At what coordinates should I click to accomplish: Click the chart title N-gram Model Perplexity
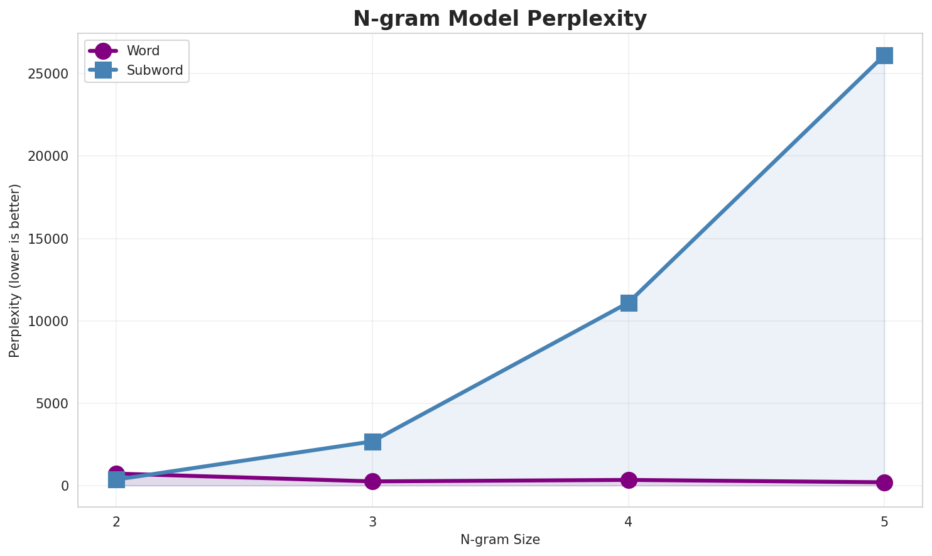[x=499, y=19]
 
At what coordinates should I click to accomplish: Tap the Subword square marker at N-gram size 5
[x=884, y=55]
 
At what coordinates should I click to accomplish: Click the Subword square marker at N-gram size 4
[x=629, y=303]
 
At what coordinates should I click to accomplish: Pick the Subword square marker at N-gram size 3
[x=372, y=442]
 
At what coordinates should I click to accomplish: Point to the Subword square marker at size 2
[x=116, y=480]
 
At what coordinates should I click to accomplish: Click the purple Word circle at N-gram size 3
[x=372, y=481]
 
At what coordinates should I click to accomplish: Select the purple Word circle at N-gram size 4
[x=629, y=480]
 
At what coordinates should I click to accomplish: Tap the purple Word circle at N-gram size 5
[x=884, y=482]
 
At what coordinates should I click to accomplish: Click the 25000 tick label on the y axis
[x=48, y=74]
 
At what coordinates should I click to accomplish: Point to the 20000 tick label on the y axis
[x=48, y=156]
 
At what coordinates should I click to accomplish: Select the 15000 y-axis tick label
[x=48, y=239]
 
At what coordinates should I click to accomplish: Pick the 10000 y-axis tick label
[x=48, y=321]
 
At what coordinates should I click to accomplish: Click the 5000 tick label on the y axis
[x=51, y=403]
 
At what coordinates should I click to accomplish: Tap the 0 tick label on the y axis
[x=64, y=486]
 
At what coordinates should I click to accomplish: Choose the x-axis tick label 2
[x=116, y=521]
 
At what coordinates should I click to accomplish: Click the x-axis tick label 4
[x=629, y=521]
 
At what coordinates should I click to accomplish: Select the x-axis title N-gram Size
[x=500, y=540]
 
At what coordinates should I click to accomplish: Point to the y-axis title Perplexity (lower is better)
[x=15, y=271]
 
